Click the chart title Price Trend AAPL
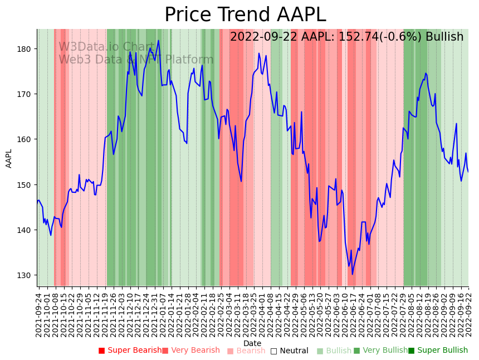coord(245,15)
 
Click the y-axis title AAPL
coord(9,158)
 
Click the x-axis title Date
coord(252,343)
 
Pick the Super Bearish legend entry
coord(130,351)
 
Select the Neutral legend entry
coord(289,351)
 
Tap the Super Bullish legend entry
coord(438,351)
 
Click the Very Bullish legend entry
coord(380,351)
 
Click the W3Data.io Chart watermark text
coord(106,47)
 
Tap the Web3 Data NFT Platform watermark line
coord(136,60)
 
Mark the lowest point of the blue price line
coord(352,274)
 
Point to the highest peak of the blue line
coord(158,40)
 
